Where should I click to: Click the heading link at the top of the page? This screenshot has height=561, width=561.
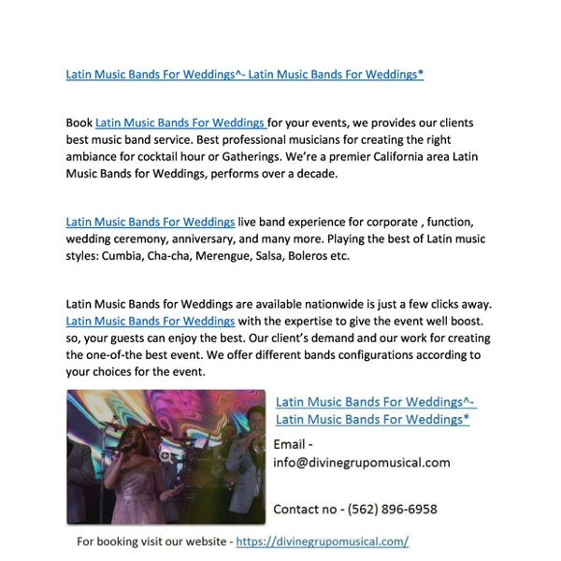tap(244, 74)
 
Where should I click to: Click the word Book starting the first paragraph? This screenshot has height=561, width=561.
tap(79, 122)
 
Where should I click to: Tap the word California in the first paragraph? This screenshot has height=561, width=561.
tap(372, 157)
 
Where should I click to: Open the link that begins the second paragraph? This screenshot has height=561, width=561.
tap(150, 222)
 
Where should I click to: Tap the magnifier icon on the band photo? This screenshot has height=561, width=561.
tap(165, 456)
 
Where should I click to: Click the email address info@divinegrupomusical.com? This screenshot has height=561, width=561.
tap(361, 462)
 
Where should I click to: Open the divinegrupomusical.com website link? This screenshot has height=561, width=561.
tap(322, 541)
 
